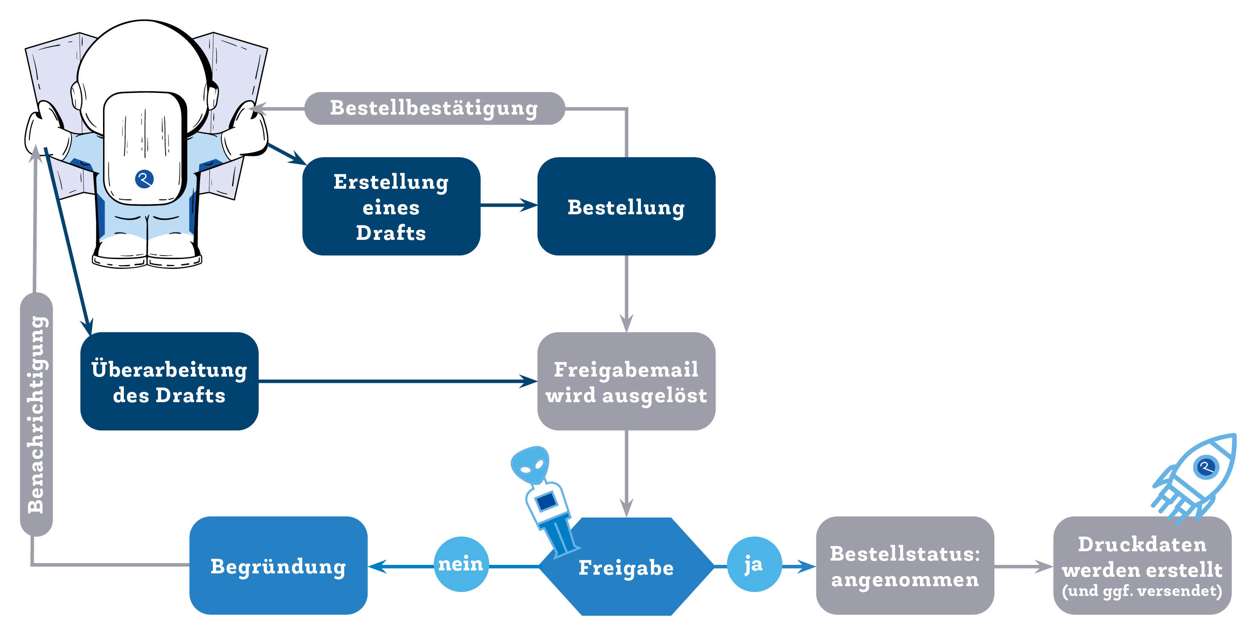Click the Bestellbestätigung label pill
434,108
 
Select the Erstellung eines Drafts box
391,206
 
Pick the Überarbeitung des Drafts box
169,381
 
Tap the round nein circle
461,564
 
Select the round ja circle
754,564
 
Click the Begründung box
278,566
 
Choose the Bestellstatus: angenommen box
905,566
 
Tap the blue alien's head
531,464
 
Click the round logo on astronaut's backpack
144,179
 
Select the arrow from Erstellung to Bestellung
508,205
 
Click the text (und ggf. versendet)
1142,591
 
